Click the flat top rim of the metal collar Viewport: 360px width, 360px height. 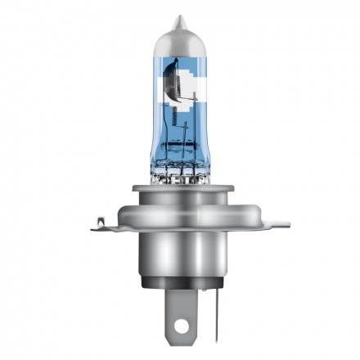pos(180,192)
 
